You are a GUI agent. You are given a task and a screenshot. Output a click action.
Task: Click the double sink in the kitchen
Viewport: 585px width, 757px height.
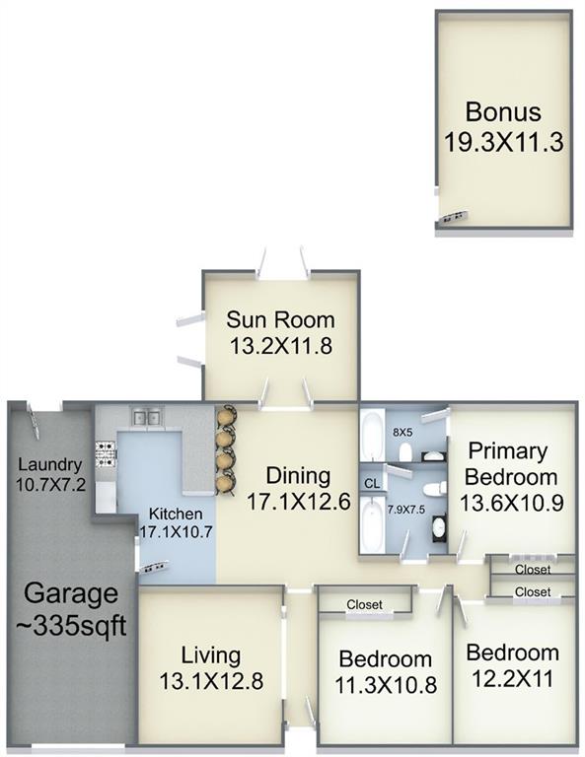click(x=147, y=417)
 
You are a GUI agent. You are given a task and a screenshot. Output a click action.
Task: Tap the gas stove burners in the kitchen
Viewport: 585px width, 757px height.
click(x=106, y=454)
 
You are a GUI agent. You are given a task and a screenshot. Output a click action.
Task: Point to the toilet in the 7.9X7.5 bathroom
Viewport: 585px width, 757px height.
click(x=433, y=489)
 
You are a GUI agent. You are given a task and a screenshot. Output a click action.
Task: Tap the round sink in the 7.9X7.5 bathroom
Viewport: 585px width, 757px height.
click(x=440, y=528)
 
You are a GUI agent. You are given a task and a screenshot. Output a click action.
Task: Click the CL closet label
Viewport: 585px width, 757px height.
click(x=372, y=483)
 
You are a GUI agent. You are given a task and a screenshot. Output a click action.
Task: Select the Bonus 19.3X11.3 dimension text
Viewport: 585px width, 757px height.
click(x=504, y=142)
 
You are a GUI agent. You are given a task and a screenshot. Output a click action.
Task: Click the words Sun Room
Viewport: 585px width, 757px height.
click(x=280, y=320)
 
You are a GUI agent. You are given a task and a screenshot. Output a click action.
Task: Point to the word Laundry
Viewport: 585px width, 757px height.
click(x=50, y=465)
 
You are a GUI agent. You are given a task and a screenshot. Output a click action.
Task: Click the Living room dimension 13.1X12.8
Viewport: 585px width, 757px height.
click(x=211, y=682)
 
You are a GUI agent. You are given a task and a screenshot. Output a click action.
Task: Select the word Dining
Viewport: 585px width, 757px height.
click(x=299, y=476)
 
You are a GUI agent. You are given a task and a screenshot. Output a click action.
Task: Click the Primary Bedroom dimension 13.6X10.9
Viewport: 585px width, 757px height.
click(x=512, y=504)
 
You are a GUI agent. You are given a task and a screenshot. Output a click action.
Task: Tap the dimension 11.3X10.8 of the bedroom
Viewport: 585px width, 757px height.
click(x=386, y=685)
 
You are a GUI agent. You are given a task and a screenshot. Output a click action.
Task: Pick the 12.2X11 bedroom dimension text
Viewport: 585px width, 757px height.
click(x=512, y=679)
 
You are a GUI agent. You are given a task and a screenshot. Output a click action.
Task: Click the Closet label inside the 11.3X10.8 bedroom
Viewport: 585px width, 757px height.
click(x=364, y=604)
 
